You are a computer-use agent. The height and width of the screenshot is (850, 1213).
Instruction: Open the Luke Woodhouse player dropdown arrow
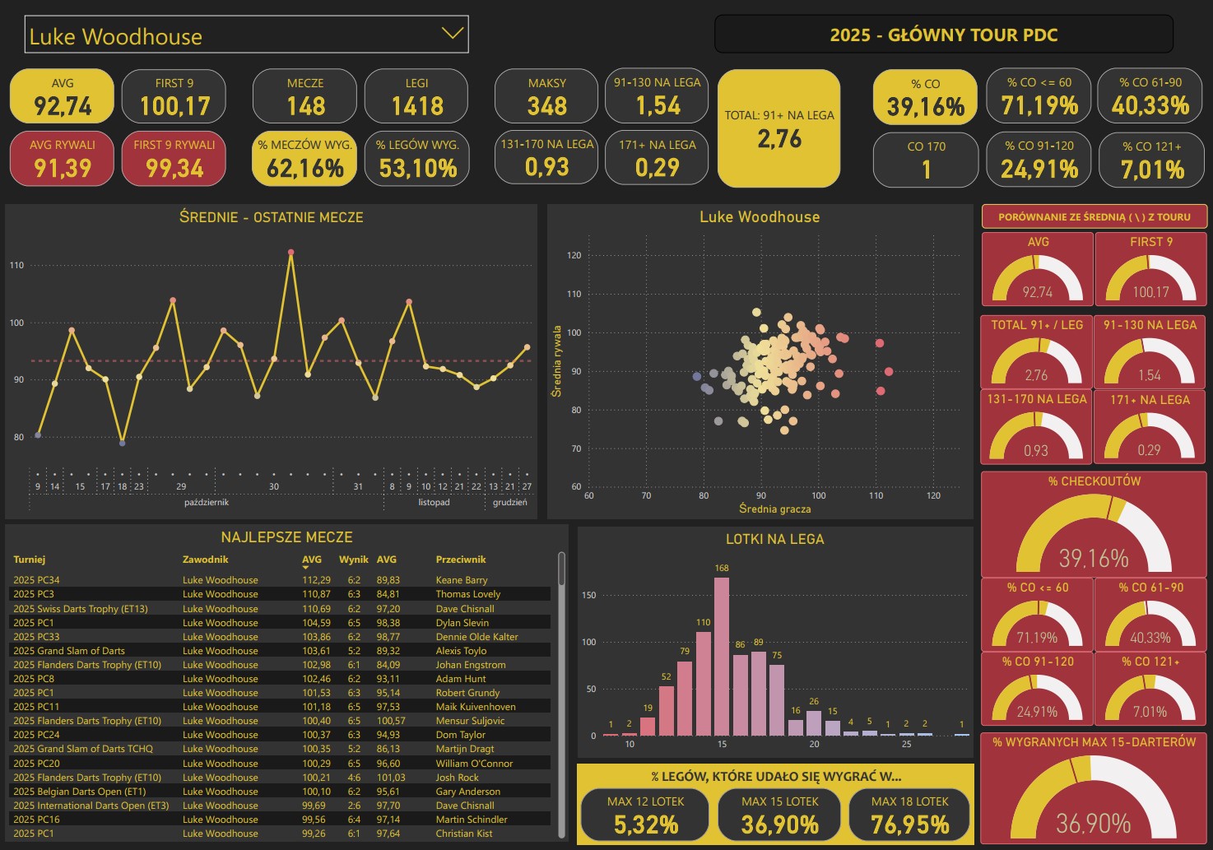452,34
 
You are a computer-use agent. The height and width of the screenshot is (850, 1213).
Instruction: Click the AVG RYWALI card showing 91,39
63,159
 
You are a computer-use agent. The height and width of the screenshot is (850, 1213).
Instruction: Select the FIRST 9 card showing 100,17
174,96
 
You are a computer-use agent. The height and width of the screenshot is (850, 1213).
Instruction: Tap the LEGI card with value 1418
416,96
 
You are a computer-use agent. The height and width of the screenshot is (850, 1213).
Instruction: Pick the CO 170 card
926,160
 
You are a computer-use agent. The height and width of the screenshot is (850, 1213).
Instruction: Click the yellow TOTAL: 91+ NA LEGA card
778,128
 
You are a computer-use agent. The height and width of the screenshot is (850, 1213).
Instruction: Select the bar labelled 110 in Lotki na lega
704,683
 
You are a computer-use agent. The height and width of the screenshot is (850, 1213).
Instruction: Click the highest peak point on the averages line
290,253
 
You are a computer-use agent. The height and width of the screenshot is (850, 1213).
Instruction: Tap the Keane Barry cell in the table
462,580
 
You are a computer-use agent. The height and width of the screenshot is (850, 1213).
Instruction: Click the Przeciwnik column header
461,560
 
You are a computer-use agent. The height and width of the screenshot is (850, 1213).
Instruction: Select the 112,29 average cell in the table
316,580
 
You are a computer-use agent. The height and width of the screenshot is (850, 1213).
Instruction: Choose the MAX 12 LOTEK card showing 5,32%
646,815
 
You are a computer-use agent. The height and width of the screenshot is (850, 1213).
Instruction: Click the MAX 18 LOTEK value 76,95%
909,824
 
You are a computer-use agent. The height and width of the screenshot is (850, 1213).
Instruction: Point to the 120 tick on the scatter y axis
574,255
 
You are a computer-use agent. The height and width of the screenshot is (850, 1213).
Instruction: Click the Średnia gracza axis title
774,509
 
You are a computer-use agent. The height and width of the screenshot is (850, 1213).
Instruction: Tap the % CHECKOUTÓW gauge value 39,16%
1094,559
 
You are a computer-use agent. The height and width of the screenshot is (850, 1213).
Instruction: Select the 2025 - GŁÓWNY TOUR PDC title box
943,35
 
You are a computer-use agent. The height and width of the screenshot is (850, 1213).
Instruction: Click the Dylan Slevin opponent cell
462,623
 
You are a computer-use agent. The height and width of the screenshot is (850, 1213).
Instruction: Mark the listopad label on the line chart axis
434,502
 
